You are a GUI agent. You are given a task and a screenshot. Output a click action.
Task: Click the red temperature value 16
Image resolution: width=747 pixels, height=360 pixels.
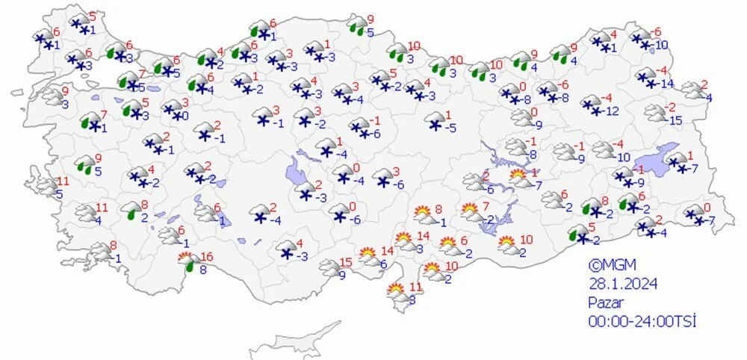pos(207,257)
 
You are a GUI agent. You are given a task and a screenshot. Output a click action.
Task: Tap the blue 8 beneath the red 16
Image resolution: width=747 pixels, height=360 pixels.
pos(204,270)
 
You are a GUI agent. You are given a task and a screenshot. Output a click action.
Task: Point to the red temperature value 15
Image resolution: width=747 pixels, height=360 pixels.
pos(345,261)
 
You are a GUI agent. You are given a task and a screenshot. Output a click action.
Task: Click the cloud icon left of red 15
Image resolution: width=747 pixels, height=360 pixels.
pos(329,267)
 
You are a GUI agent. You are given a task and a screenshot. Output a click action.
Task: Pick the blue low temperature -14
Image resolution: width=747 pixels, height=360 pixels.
pos(667,83)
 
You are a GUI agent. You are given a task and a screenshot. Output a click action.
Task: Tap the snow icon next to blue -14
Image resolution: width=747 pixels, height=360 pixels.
pos(647,77)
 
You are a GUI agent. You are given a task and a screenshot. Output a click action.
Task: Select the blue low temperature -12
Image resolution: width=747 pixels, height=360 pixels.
pos(612,111)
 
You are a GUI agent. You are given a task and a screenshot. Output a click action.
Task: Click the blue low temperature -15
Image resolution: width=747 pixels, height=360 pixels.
pos(675,120)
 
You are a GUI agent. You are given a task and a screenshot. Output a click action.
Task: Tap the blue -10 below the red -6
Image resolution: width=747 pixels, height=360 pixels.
pos(661,46)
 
